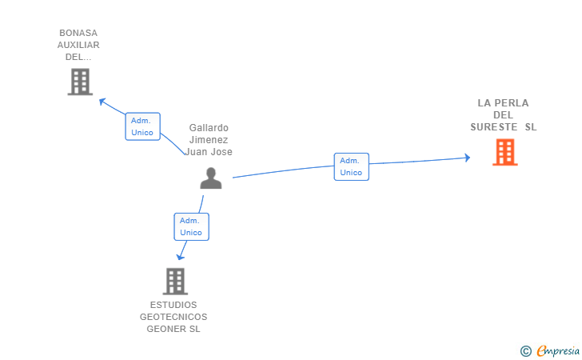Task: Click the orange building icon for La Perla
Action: click(504, 152)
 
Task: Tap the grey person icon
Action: click(211, 178)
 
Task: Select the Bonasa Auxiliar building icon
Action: click(80, 82)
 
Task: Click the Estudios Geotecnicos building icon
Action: click(175, 281)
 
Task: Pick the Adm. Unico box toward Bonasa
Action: click(142, 126)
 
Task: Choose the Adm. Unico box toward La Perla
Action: click(351, 166)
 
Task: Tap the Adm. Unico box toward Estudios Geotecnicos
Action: click(191, 226)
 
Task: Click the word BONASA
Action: click(78, 34)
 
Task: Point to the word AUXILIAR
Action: click(78, 46)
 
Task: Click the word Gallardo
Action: click(209, 128)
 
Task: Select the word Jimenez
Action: click(209, 140)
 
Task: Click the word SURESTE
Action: click(493, 127)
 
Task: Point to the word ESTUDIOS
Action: click(173, 305)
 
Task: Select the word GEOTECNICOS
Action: click(173, 317)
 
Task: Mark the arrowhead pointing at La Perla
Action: click(467, 158)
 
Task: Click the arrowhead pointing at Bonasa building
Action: click(102, 101)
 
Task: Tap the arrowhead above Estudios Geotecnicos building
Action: click(181, 256)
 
